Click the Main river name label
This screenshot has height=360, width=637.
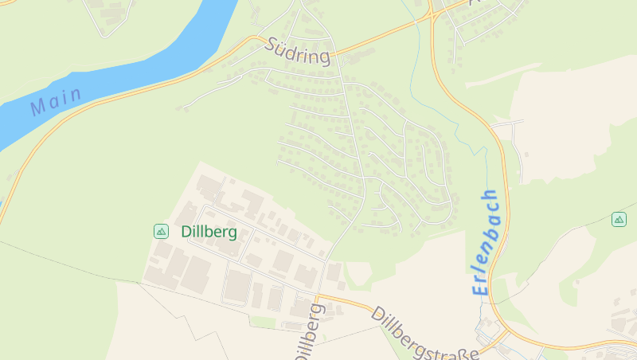(56, 101)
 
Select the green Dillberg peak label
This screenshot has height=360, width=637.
(209, 232)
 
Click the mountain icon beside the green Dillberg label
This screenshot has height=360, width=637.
(161, 232)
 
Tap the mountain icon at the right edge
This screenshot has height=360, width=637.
(619, 219)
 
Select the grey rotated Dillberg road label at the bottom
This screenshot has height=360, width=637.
(311, 333)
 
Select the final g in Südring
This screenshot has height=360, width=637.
(323, 59)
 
